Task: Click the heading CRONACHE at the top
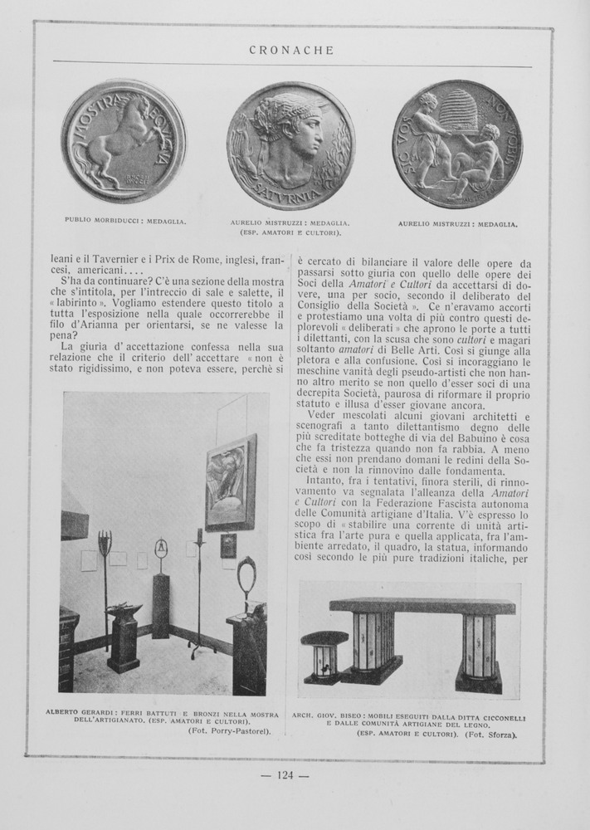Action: pyautogui.click(x=291, y=51)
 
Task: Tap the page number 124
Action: pyautogui.click(x=285, y=775)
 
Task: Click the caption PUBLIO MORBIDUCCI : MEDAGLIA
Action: pyautogui.click(x=125, y=221)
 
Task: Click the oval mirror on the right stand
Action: pyautogui.click(x=247, y=574)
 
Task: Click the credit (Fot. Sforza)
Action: pyautogui.click(x=491, y=735)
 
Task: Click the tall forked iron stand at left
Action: pyautogui.click(x=105, y=581)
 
